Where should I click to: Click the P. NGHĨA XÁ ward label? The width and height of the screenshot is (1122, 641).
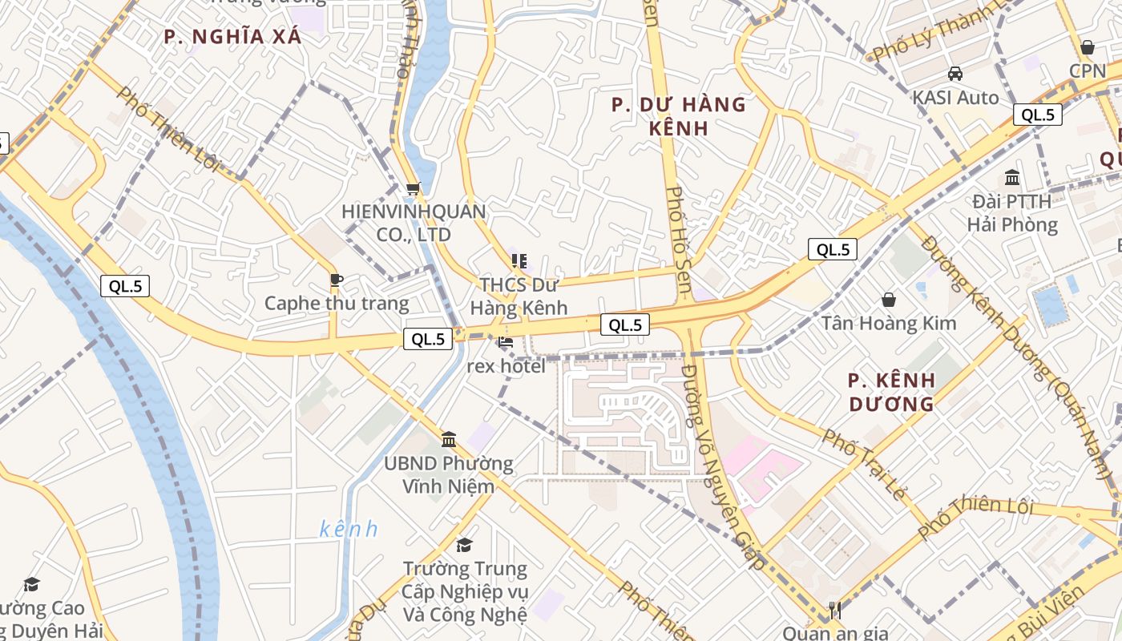pyautogui.click(x=232, y=36)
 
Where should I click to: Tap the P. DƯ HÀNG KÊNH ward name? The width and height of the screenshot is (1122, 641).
pyautogui.click(x=678, y=116)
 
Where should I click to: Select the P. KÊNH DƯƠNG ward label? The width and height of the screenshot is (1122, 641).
pyautogui.click(x=890, y=391)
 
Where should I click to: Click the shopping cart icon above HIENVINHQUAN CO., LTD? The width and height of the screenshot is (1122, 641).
pyautogui.click(x=413, y=189)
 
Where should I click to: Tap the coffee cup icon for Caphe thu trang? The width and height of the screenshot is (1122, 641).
pyautogui.click(x=337, y=280)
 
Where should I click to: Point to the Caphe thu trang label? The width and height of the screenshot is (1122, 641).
pyautogui.click(x=337, y=304)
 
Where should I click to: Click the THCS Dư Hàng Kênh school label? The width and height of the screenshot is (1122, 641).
pyautogui.click(x=519, y=296)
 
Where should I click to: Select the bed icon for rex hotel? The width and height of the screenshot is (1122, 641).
pyautogui.click(x=506, y=342)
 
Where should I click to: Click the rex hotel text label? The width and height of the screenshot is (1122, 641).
pyautogui.click(x=506, y=366)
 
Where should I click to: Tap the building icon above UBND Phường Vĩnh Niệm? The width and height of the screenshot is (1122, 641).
pyautogui.click(x=449, y=439)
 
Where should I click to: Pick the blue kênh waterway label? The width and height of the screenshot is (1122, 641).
pyautogui.click(x=348, y=530)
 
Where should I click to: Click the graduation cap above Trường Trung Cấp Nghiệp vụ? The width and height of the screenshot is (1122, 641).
pyautogui.click(x=464, y=546)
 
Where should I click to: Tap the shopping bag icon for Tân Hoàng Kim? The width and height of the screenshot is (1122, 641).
pyautogui.click(x=888, y=300)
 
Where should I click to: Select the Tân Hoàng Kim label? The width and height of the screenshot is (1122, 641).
pyautogui.click(x=889, y=323)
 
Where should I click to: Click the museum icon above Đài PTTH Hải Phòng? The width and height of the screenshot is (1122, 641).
pyautogui.click(x=1012, y=177)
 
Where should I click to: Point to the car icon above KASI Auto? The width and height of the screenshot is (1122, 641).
pyautogui.click(x=955, y=74)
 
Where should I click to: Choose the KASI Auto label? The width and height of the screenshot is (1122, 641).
pyautogui.click(x=955, y=98)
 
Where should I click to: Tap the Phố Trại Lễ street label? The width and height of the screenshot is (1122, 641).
pyautogui.click(x=863, y=464)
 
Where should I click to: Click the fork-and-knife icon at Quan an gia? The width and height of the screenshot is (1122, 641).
pyautogui.click(x=834, y=609)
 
